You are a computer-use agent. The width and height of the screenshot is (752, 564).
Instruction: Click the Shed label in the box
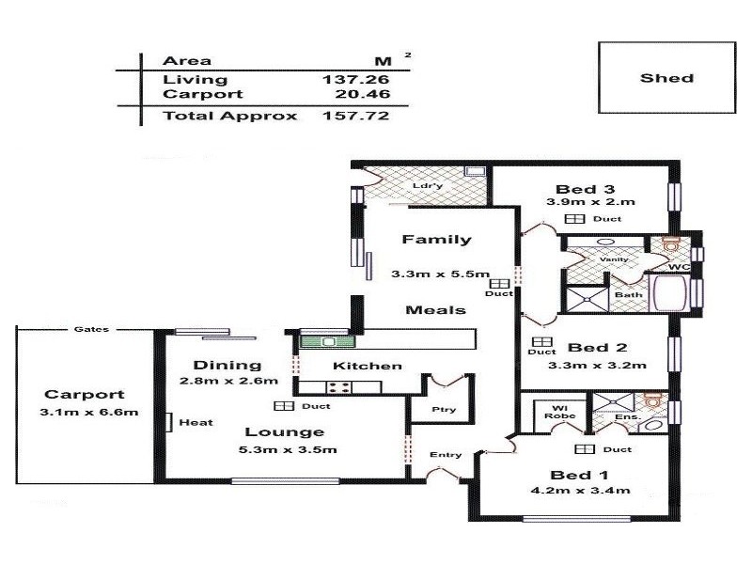pyautogui.click(x=666, y=78)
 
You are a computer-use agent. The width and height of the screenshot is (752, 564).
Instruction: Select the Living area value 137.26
pyautogui.click(x=355, y=79)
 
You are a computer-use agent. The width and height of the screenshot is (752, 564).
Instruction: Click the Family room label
pyautogui.click(x=436, y=239)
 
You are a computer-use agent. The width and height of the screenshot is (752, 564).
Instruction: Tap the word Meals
pyautogui.click(x=431, y=309)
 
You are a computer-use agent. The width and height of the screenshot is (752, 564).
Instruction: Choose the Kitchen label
pyautogui.click(x=368, y=366)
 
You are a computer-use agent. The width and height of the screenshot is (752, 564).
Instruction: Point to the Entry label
pyautogui.click(x=446, y=455)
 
